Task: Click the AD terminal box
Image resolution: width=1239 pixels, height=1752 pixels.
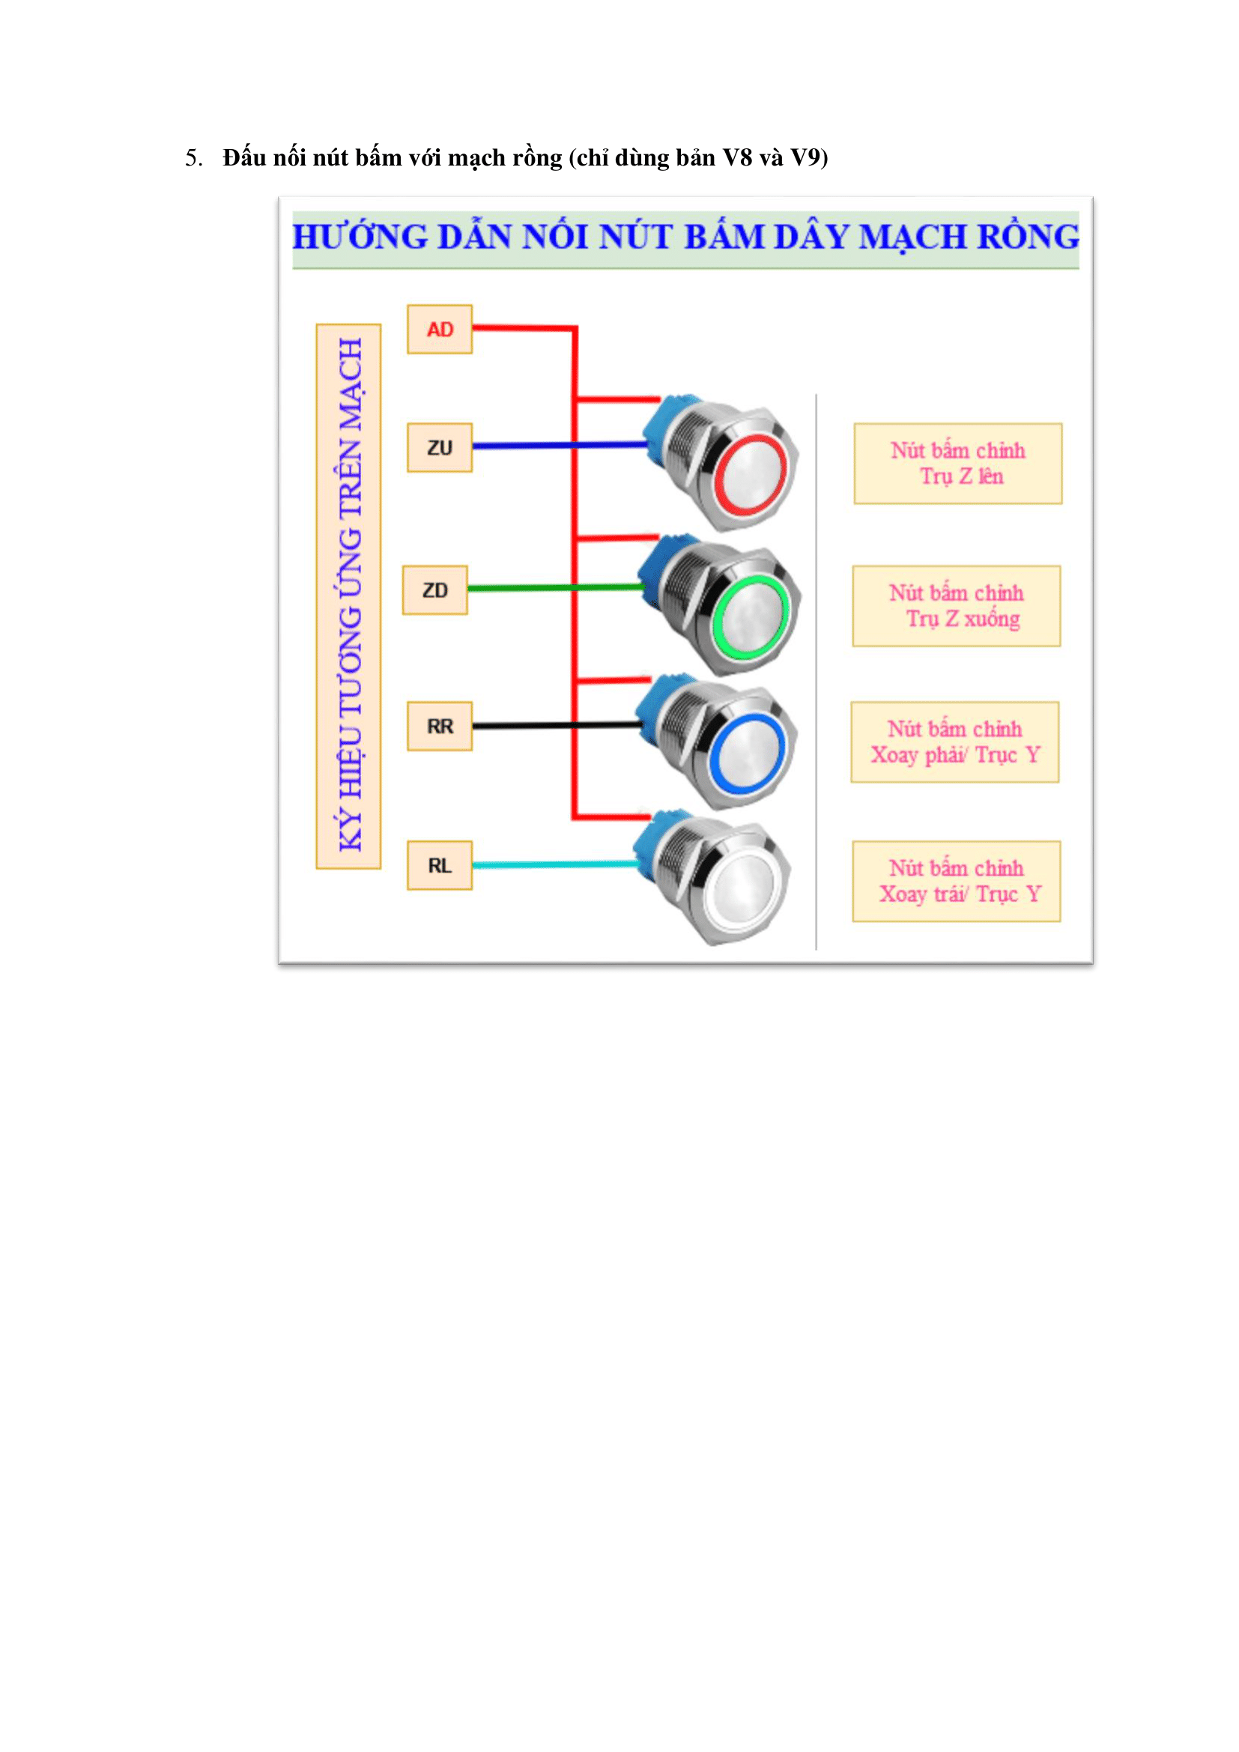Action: pos(440,330)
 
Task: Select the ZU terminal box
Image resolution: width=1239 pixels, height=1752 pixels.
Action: pos(440,448)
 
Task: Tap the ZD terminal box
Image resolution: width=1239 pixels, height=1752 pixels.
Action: pos(435,590)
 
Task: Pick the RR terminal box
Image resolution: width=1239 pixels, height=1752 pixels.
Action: pos(440,727)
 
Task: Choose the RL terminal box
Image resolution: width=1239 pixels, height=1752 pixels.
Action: pos(440,866)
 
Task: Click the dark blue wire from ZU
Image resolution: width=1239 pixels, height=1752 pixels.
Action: pos(534,446)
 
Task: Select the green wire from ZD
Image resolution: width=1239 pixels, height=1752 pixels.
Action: pos(527,588)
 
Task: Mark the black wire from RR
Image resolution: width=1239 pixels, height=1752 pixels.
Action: pos(527,726)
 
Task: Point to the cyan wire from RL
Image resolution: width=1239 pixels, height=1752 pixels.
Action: pos(549,864)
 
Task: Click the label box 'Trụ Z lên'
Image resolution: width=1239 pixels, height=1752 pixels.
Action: pos(958,464)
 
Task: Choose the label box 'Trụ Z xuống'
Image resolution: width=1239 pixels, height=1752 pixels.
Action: pos(957,607)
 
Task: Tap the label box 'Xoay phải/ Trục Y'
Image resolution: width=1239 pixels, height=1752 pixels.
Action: pos(955,742)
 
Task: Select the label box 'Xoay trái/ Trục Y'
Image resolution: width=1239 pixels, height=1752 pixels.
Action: pos(957,882)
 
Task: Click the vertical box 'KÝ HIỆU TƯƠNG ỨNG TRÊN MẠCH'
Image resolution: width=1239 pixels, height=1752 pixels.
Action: pos(348,597)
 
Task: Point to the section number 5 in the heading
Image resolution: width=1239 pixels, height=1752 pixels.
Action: pos(192,158)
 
